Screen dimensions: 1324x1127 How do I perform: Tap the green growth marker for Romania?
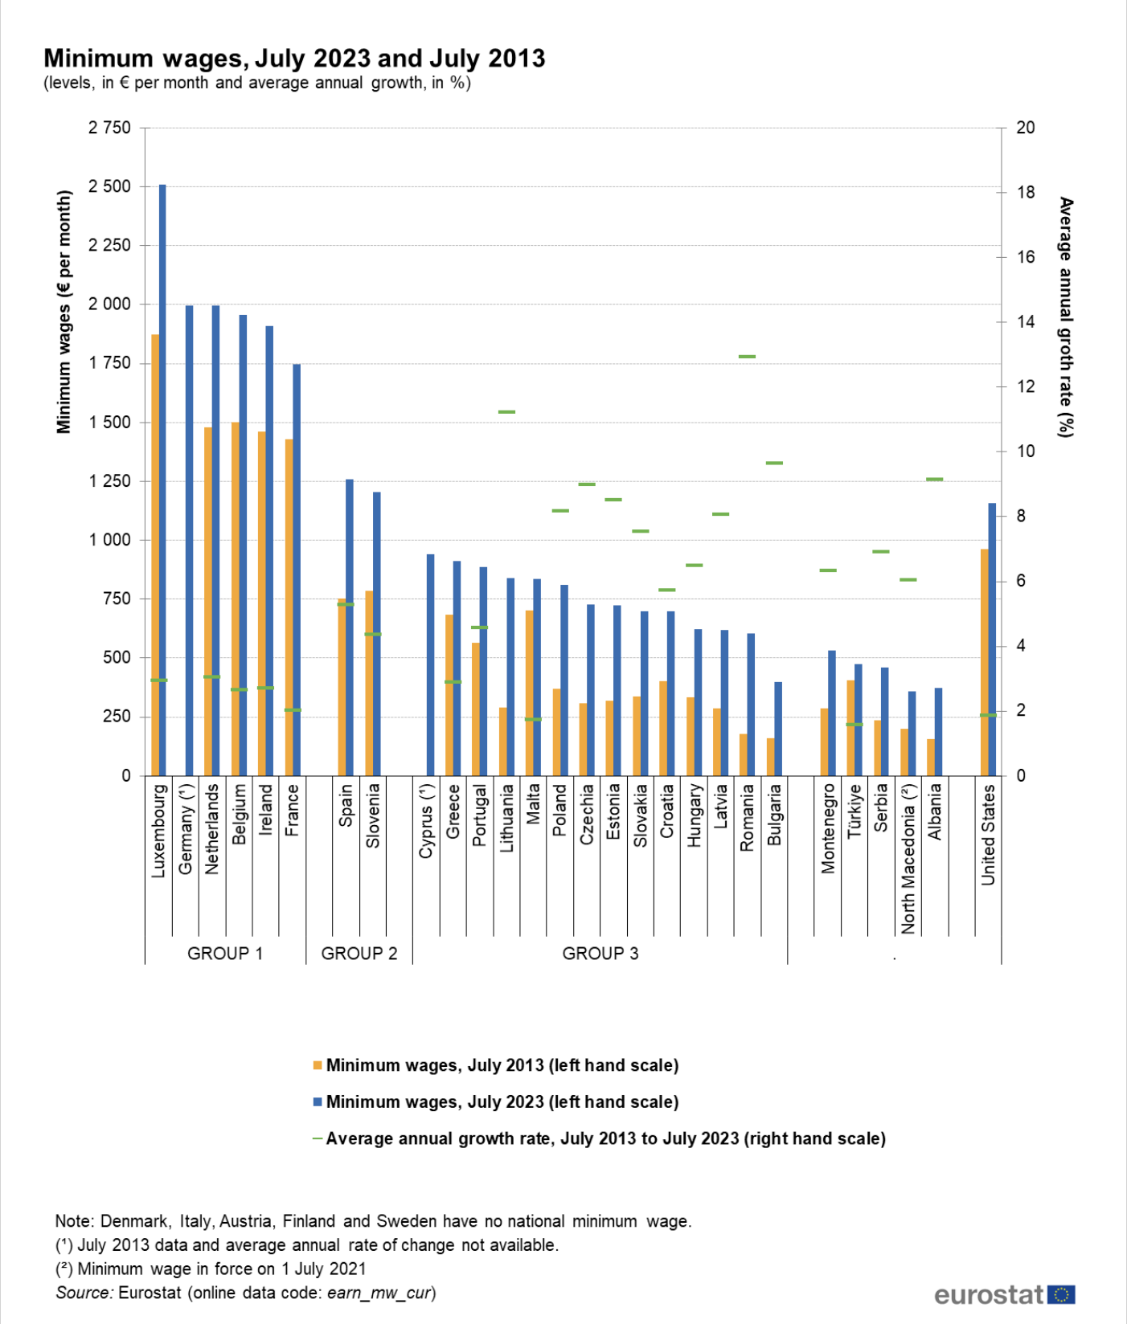tap(748, 356)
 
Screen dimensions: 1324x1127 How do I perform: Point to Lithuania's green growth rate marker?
tap(506, 412)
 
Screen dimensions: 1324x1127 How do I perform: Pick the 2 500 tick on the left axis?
tap(109, 186)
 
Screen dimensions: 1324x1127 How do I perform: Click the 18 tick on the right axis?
tap(1026, 192)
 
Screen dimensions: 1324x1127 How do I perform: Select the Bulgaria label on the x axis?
tap(774, 815)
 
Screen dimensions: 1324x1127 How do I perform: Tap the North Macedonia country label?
tap(908, 859)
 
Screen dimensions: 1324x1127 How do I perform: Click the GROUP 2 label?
tap(359, 954)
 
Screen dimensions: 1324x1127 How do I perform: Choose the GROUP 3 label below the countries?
tap(600, 954)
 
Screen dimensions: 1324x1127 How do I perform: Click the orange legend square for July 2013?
tap(318, 1065)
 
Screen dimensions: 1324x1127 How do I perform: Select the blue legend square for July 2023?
tap(318, 1102)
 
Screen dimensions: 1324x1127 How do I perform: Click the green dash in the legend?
tap(318, 1138)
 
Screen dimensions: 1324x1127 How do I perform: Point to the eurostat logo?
tap(1004, 1295)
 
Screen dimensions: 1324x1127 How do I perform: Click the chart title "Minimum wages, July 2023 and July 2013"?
tap(294, 59)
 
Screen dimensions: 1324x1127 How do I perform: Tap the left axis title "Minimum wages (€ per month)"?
tap(64, 312)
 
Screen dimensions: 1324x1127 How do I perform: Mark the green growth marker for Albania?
tap(934, 480)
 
